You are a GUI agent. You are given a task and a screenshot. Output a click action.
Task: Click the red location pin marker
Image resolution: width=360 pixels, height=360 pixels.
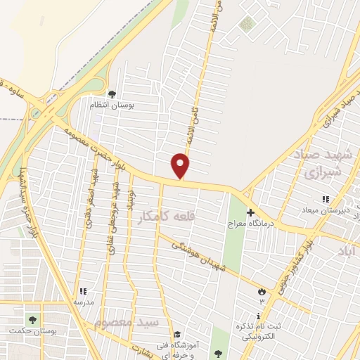point(181,166)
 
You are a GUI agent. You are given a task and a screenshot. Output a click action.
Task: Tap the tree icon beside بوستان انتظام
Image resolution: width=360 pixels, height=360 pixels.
point(111,94)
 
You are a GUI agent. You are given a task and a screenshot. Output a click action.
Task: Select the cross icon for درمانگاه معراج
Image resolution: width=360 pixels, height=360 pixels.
point(251,212)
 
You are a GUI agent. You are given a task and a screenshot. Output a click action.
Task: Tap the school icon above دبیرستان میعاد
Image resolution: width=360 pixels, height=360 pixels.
point(325,200)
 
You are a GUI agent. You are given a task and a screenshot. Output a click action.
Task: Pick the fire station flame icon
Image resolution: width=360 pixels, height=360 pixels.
point(262,291)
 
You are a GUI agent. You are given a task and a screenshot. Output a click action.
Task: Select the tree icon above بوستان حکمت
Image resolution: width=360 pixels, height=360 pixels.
point(30,319)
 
